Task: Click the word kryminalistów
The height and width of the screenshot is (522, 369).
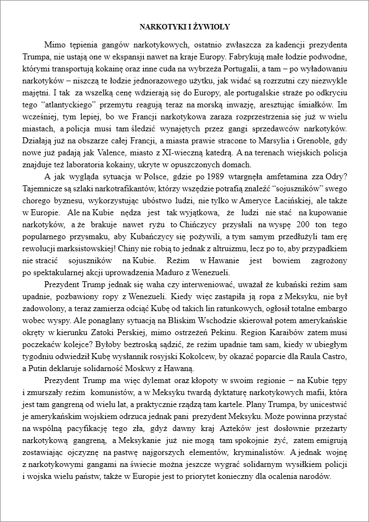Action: tap(258, 451)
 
